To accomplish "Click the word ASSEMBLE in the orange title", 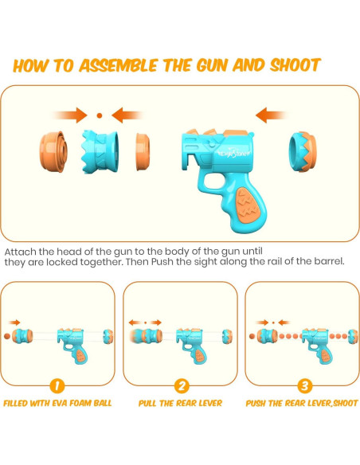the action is click(x=118, y=65).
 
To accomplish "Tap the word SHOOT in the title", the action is click(x=295, y=65).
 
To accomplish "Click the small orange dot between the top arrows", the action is click(x=100, y=115).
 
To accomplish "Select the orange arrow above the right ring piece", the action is click(x=271, y=115).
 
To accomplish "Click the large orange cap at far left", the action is click(x=53, y=152).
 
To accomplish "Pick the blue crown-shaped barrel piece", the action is click(x=100, y=151).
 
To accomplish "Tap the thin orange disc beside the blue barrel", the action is click(x=143, y=152).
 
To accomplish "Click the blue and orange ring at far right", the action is click(x=303, y=152).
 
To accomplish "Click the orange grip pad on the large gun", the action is click(x=247, y=205).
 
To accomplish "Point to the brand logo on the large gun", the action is click(x=234, y=154).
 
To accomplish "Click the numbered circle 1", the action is click(x=57, y=386).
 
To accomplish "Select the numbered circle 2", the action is click(x=182, y=386).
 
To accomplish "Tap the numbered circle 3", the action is click(x=304, y=386).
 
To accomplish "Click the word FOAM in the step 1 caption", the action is click(x=80, y=404).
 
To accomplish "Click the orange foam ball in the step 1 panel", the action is click(x=7, y=336).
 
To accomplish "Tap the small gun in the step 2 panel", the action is click(x=191, y=346).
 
